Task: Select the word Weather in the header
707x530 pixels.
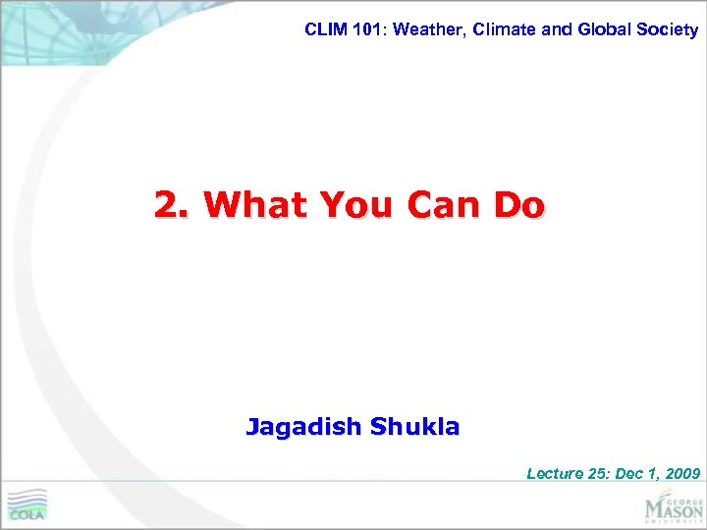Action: tap(426, 29)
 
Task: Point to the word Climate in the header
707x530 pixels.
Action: tap(505, 29)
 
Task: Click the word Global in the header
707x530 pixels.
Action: tap(606, 29)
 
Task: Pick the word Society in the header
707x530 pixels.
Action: tap(670, 29)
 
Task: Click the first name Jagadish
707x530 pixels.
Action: tap(303, 427)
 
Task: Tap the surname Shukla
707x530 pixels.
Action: tap(415, 427)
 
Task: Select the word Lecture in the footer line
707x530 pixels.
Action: tap(555, 473)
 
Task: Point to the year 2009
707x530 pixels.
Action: tap(682, 473)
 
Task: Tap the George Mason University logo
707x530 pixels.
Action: tap(674, 507)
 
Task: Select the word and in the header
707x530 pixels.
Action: tap(556, 29)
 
